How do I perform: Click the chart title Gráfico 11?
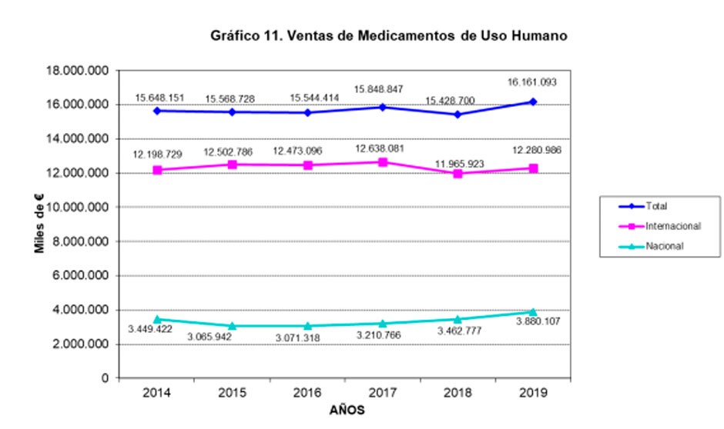tap(389, 35)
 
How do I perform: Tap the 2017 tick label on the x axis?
tap(383, 394)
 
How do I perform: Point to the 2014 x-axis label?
tap(157, 394)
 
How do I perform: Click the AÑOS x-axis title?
tap(346, 411)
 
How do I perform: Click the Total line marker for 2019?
tap(533, 101)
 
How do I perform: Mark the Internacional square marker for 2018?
tap(458, 174)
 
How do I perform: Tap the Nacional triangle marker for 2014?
tap(157, 319)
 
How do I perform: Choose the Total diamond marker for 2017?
tap(383, 107)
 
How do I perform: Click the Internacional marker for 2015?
tap(232, 165)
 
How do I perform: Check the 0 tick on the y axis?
tap(103, 378)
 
